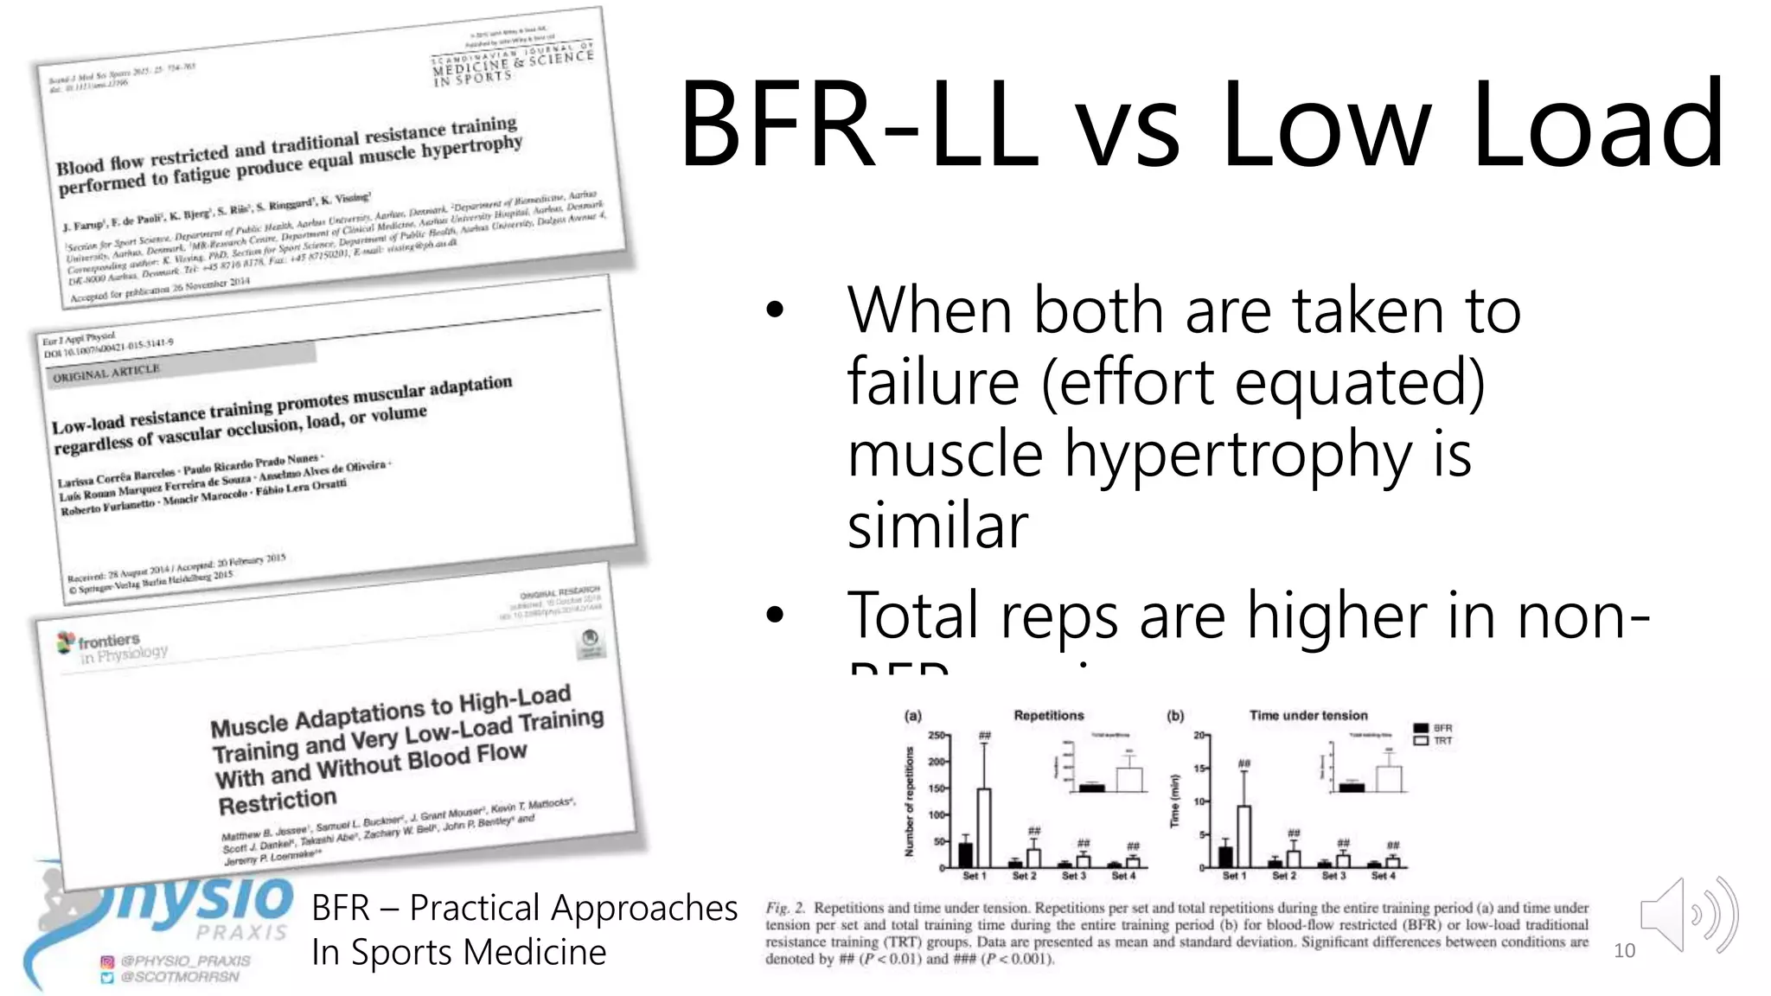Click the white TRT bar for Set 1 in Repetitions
pyautogui.click(x=984, y=827)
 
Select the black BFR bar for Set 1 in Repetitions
pyautogui.click(x=966, y=854)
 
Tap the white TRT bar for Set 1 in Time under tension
pyautogui.click(x=1244, y=836)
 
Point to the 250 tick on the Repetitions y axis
pyautogui.click(x=937, y=736)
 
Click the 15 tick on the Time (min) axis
pyautogui.click(x=1199, y=769)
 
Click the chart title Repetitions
pyautogui.click(x=1048, y=715)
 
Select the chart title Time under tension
pyautogui.click(x=1308, y=715)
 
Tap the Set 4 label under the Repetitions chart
pyautogui.click(x=1124, y=876)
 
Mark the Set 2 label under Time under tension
pyautogui.click(x=1284, y=876)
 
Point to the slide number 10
pyautogui.click(x=1624, y=951)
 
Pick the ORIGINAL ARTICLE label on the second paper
pyautogui.click(x=106, y=373)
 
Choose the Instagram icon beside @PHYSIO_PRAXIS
pyautogui.click(x=107, y=961)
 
